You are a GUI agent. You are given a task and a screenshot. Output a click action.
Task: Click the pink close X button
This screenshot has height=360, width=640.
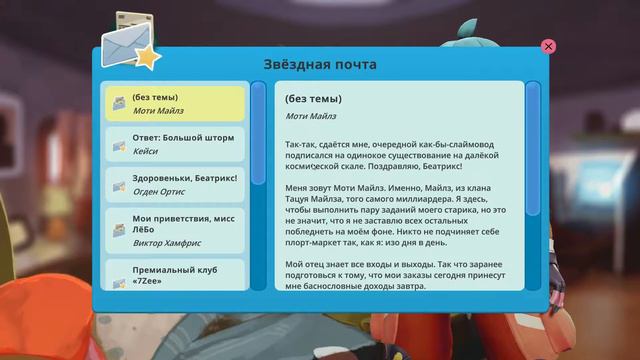pyautogui.click(x=548, y=46)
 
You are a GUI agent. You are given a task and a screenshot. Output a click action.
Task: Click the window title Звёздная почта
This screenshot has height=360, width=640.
pyautogui.click(x=320, y=64)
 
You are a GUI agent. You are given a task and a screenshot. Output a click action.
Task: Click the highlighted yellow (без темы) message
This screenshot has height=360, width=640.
pyautogui.click(x=175, y=104)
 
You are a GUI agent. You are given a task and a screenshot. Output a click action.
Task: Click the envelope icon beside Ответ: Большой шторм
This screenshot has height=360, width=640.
pyautogui.click(x=119, y=145)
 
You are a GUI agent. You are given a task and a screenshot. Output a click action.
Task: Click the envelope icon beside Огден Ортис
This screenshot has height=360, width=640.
pyautogui.click(x=119, y=187)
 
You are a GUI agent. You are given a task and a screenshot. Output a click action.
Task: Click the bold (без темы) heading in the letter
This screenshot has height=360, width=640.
pyautogui.click(x=313, y=99)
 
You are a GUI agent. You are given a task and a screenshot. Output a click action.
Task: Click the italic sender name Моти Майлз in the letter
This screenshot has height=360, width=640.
pyautogui.click(x=310, y=116)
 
